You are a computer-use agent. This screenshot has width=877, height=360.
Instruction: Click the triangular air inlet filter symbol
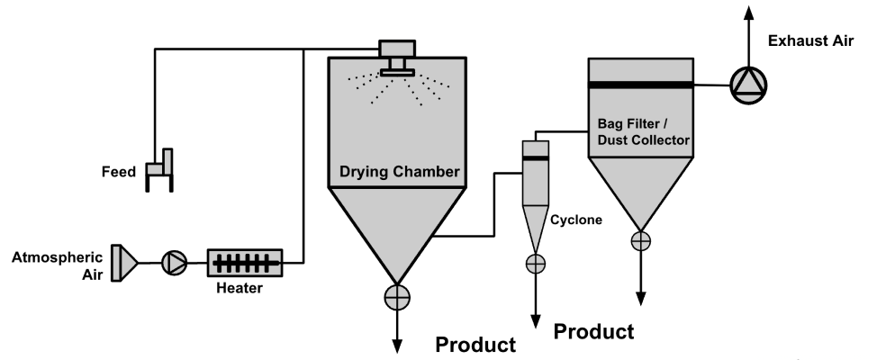tap(123, 262)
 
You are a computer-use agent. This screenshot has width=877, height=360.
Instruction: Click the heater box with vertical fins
tap(245, 263)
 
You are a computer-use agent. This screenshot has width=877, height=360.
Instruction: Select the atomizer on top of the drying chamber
tap(396, 56)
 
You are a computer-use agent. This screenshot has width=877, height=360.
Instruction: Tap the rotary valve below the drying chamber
tap(396, 297)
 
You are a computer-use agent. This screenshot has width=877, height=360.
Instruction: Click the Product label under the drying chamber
tap(475, 345)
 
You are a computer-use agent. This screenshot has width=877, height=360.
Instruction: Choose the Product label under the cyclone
tap(592, 331)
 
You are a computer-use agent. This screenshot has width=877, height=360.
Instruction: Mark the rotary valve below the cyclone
tap(536, 263)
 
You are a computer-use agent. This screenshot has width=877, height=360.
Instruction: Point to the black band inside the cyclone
tap(536, 157)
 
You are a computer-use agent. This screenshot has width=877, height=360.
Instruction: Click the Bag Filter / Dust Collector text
tap(643, 131)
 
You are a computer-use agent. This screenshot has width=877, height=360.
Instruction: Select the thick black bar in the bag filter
tap(640, 84)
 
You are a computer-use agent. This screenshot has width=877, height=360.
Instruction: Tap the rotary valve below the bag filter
tap(640, 240)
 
